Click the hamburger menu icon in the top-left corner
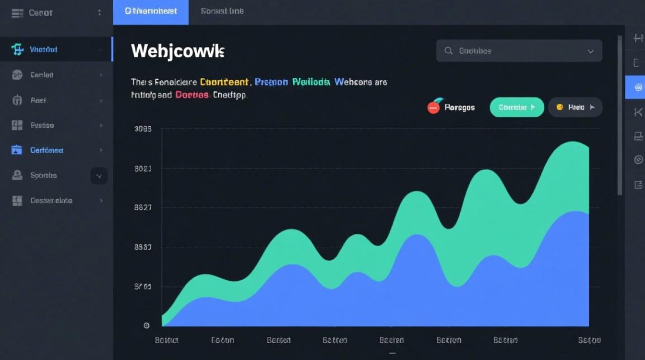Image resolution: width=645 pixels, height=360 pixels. click(17, 13)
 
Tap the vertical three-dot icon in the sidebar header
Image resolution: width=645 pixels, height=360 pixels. click(99, 13)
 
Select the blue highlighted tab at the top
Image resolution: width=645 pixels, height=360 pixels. click(151, 12)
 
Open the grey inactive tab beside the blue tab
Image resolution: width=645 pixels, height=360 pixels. click(222, 12)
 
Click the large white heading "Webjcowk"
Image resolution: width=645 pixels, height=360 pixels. click(178, 51)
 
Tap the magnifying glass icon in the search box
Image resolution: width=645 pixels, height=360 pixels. click(449, 51)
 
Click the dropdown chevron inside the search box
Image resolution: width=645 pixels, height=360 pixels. click(591, 51)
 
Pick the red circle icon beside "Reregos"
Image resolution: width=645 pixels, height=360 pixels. click(433, 107)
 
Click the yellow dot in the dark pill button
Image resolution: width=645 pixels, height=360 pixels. click(560, 108)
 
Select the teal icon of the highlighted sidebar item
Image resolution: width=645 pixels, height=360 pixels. click(17, 49)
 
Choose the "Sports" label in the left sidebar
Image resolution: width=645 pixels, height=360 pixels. click(44, 176)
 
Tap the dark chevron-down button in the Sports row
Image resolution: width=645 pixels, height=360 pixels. click(99, 176)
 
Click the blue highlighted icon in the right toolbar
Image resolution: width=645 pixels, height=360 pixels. click(638, 87)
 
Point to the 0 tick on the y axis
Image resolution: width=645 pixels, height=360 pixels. click(146, 326)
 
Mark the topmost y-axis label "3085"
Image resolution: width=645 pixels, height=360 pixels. click(143, 129)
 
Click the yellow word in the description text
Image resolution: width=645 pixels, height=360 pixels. click(224, 82)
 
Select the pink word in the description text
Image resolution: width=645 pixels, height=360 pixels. click(192, 95)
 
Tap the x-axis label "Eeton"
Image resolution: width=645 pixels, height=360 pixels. click(223, 340)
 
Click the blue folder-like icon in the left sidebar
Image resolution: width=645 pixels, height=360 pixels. click(17, 150)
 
